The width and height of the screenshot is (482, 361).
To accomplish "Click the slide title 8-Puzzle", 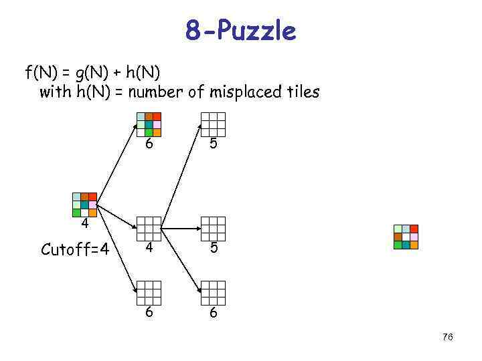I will pyautogui.click(x=240, y=30).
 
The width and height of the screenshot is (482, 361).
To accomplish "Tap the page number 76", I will pyautogui.click(x=447, y=338).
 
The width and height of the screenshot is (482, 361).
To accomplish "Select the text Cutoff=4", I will pyautogui.click(x=75, y=250).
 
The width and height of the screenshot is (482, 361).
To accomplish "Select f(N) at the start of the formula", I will pyautogui.click(x=41, y=70).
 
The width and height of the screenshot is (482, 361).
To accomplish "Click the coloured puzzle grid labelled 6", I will pyautogui.click(x=149, y=124).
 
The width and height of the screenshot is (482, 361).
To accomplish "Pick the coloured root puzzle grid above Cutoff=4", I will pyautogui.click(x=85, y=205).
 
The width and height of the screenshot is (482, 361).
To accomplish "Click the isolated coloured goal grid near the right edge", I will pyautogui.click(x=406, y=237).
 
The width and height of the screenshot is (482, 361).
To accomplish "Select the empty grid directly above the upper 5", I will pyautogui.click(x=213, y=124).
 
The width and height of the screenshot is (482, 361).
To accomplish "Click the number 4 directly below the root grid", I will pyautogui.click(x=85, y=223).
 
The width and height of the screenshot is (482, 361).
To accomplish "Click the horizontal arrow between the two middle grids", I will pyautogui.click(x=180, y=229).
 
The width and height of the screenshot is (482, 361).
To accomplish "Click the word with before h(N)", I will pyautogui.click(x=54, y=92).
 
